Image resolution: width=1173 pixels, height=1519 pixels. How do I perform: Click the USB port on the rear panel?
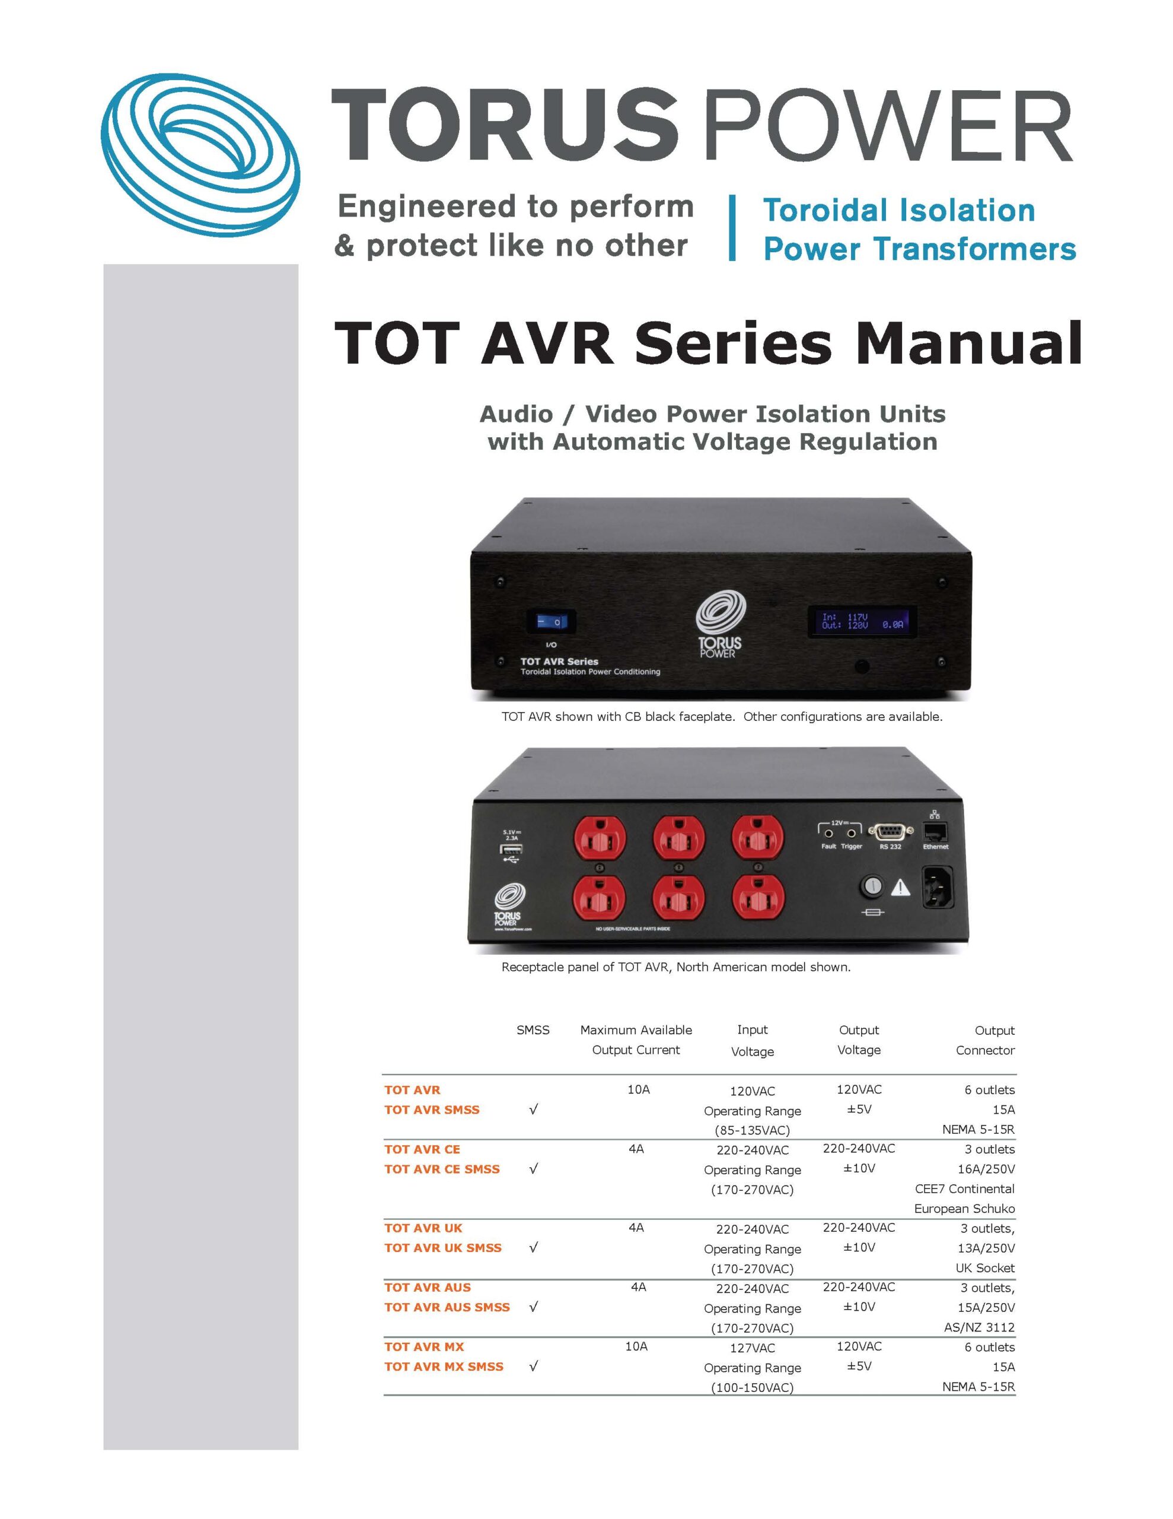[512, 849]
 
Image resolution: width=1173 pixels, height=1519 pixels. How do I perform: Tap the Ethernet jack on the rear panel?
[935, 832]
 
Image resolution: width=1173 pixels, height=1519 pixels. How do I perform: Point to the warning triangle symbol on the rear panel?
[900, 887]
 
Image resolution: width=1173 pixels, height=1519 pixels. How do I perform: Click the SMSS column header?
[533, 1030]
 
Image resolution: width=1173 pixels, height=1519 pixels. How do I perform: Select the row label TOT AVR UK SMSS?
[443, 1248]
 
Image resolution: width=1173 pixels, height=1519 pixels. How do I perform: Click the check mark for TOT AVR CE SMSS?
[533, 1169]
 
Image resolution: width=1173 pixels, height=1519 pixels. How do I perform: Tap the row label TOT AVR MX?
[424, 1347]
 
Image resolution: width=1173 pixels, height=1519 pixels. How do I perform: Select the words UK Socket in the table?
[984, 1268]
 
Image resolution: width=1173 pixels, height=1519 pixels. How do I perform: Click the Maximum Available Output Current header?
[636, 1040]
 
